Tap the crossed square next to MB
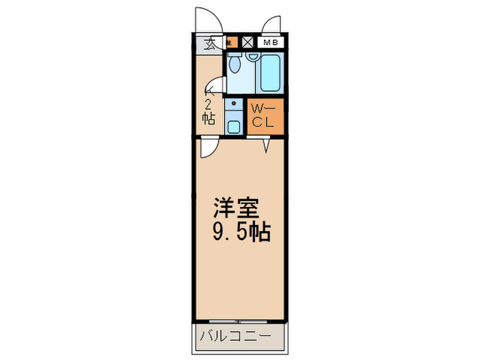pyautogui.click(x=248, y=43)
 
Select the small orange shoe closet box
pyautogui.click(x=232, y=43)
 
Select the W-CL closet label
pyautogui.click(x=261, y=116)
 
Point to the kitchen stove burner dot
pyautogui.click(x=234, y=104)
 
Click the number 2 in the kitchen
pyautogui.click(x=208, y=104)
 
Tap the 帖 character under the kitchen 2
pyautogui.click(x=208, y=118)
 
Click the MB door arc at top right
pyautogui.click(x=272, y=24)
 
